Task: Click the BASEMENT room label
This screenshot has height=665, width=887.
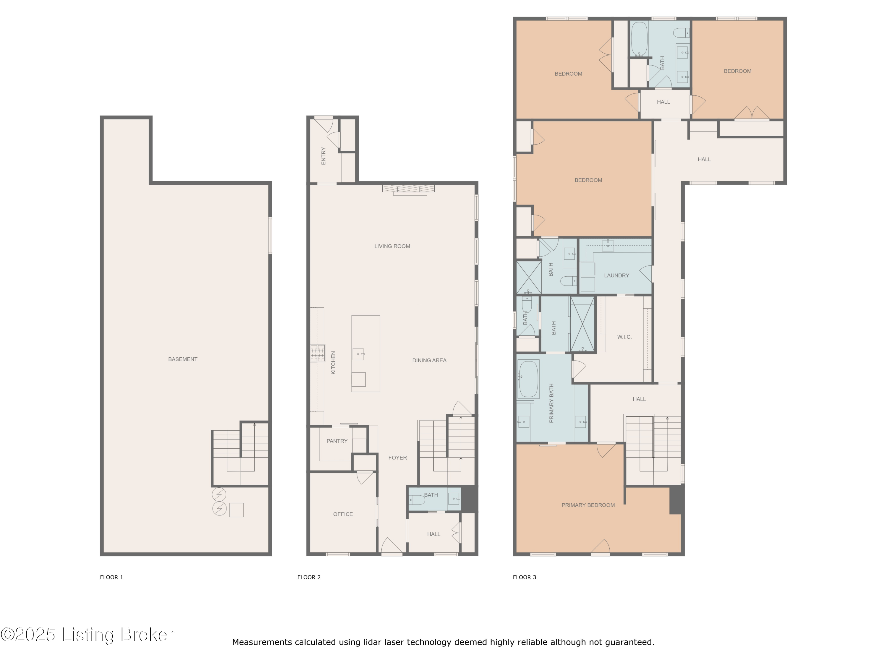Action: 182,359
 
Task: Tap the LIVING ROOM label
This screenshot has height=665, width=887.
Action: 392,246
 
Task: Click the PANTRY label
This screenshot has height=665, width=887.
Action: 337,441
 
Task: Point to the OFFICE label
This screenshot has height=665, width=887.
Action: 343,514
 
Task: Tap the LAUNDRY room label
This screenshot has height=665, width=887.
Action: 616,275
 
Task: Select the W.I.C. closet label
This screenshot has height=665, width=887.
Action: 624,337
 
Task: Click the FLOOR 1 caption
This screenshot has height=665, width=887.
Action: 111,577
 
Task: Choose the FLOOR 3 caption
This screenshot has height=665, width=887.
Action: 524,577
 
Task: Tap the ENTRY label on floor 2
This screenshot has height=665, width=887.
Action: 323,156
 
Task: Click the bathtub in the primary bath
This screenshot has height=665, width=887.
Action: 528,379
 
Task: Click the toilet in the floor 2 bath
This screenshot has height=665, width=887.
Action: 417,500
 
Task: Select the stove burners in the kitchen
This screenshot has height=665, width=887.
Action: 318,353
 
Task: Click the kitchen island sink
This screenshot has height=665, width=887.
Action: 358,354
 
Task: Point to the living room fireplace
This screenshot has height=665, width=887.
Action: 408,190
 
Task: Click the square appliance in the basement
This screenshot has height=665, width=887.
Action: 236,510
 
